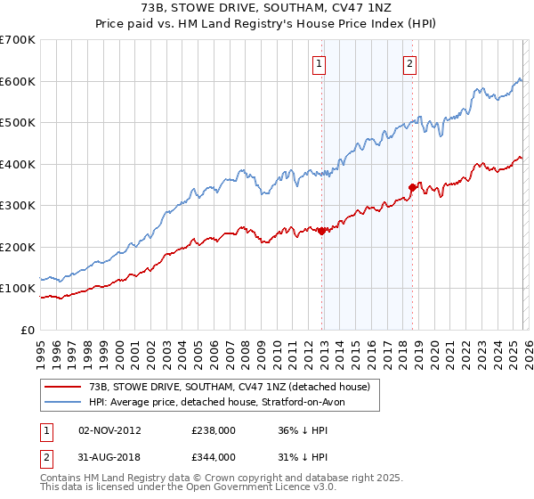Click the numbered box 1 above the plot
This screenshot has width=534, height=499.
319,63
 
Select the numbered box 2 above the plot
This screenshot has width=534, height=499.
409,63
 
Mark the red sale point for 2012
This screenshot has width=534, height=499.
321,231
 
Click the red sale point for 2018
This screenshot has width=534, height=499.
412,187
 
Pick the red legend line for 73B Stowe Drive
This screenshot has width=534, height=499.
63,387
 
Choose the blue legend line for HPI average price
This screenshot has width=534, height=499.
63,403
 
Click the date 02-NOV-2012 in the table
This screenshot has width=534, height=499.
109,429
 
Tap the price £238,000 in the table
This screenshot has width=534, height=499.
214,429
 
